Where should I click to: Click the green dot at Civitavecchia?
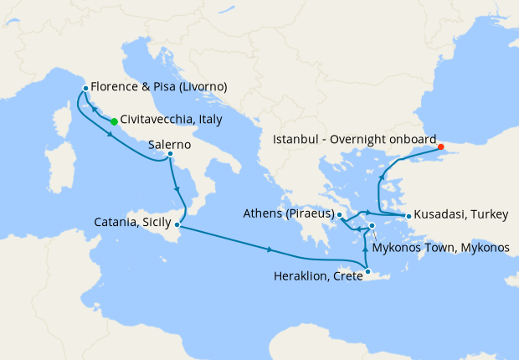point(114,122)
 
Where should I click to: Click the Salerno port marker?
point(170,154)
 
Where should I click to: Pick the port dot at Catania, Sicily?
point(176,224)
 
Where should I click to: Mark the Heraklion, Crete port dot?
point(367,270)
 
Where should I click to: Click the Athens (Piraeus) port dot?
point(340,215)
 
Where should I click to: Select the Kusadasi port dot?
point(409,216)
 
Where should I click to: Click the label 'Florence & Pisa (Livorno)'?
point(159,87)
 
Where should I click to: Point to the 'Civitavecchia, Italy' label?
point(171,120)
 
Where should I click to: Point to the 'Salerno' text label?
point(170,144)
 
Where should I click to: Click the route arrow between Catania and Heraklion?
point(270,249)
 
